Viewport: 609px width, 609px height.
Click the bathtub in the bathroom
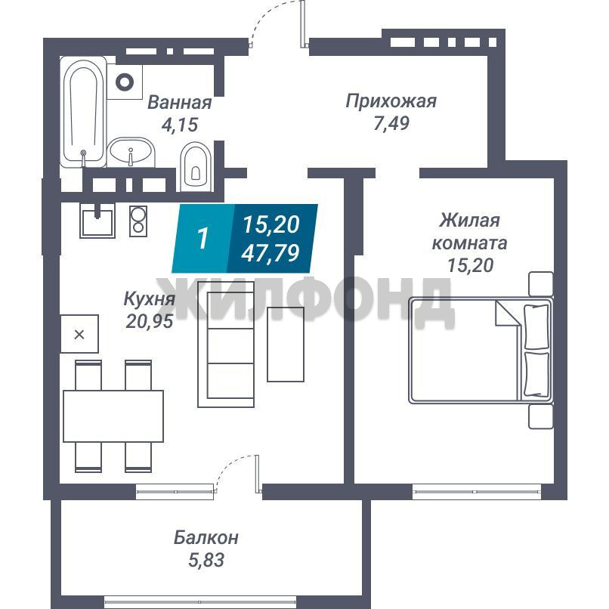(83, 112)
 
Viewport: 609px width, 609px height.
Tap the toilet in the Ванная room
(196, 166)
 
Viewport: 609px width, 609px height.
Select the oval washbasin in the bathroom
(131, 152)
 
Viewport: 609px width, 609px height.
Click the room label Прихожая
(391, 101)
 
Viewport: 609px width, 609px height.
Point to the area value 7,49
(391, 123)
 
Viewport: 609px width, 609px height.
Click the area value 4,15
(180, 125)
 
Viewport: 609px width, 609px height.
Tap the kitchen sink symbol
(97, 221)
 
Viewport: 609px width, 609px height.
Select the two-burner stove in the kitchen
(138, 221)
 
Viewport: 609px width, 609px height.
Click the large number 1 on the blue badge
(203, 238)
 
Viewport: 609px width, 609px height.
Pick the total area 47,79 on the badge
(270, 253)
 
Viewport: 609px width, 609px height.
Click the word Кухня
(149, 300)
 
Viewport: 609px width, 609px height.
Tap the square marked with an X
(79, 334)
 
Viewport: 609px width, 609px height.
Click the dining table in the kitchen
(113, 416)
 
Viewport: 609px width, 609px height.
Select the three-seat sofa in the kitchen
(226, 345)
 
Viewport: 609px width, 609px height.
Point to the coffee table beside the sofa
(286, 344)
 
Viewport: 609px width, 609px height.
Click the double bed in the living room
(481, 351)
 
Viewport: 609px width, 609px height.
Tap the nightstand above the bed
(541, 284)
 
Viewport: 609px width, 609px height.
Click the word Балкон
(206, 538)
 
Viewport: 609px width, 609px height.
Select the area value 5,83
(206, 561)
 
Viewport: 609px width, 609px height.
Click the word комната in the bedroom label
(469, 243)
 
